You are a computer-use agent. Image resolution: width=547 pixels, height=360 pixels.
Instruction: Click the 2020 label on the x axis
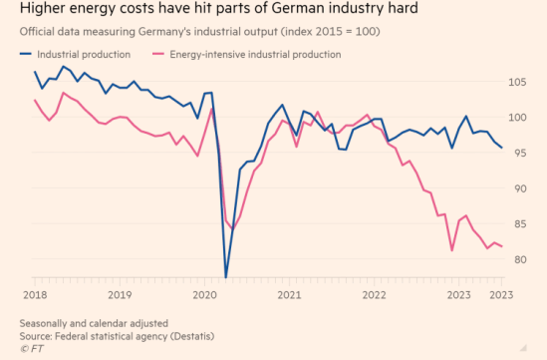click(204, 294)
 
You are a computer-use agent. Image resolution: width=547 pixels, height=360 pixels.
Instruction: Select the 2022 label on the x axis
click(375, 294)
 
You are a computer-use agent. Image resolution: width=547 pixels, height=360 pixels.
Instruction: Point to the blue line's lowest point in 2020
click(226, 276)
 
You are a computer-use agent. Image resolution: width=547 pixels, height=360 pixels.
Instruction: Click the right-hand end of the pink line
click(501, 246)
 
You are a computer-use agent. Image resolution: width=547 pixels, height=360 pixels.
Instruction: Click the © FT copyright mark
click(31, 349)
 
